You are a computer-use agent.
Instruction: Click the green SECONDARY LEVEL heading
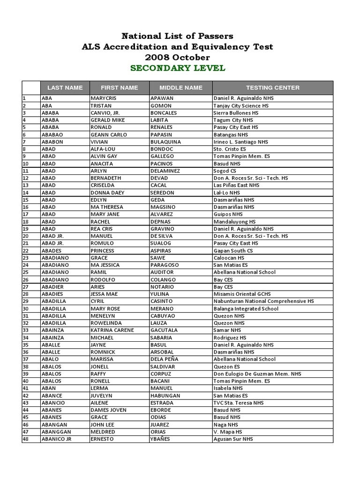click(178, 68)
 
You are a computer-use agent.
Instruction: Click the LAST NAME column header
click(65, 88)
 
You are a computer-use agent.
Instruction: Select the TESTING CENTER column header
click(273, 88)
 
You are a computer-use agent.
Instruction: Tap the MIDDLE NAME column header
click(181, 88)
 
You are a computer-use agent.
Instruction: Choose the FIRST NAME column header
click(120, 88)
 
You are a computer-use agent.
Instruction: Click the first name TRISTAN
click(101, 106)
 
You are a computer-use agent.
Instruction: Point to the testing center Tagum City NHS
click(233, 120)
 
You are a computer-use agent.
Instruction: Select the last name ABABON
click(52, 142)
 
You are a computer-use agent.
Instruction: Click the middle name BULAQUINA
click(165, 142)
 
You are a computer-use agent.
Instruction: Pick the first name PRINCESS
click(103, 251)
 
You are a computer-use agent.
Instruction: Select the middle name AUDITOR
click(162, 272)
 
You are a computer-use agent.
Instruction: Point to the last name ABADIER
click(52, 287)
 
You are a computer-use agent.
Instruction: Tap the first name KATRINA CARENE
click(112, 330)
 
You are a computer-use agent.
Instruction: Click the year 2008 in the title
click(158, 58)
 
